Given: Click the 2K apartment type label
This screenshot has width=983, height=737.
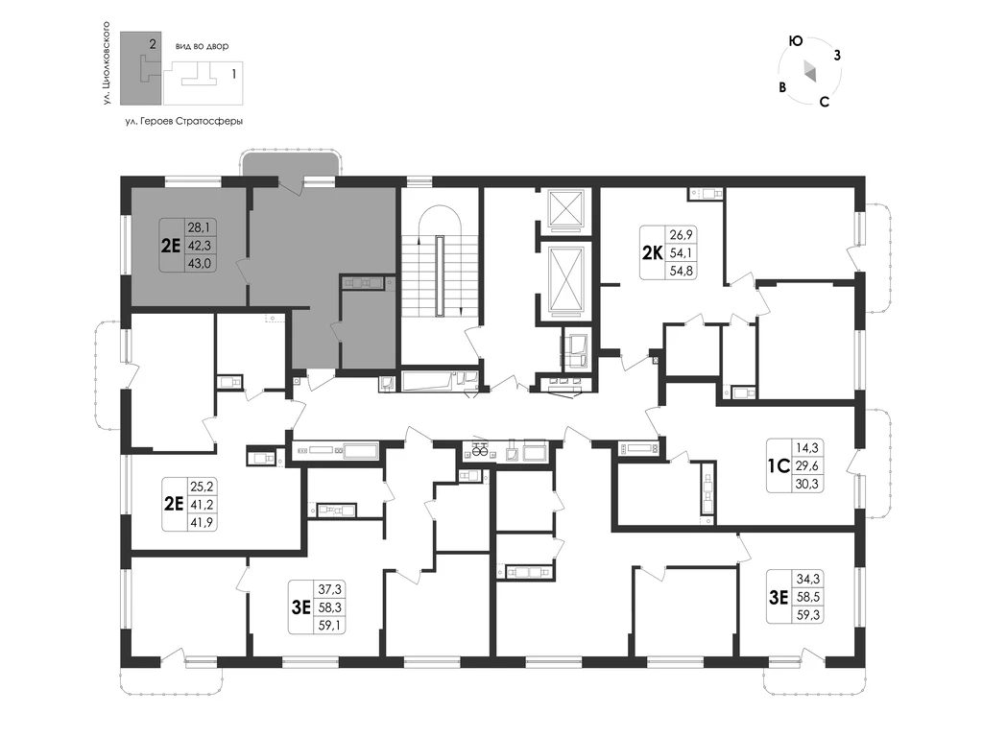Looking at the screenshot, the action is [x=652, y=252].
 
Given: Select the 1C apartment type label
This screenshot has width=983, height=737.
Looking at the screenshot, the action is [x=779, y=466].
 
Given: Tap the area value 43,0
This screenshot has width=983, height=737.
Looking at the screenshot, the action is [x=200, y=263].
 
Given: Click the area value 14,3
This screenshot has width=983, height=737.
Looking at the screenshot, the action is [x=806, y=448].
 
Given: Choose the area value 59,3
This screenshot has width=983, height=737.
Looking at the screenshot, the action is [x=808, y=615].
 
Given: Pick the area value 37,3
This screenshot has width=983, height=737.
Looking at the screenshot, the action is [x=330, y=589].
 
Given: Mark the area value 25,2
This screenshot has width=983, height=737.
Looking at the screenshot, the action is [x=202, y=486].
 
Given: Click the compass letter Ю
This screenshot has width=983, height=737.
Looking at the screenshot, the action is [x=796, y=41].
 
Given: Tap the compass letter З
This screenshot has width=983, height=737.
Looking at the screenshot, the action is [x=837, y=55].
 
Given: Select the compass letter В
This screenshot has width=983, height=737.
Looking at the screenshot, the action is [x=782, y=87].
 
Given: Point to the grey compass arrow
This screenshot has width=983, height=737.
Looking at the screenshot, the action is [x=809, y=71].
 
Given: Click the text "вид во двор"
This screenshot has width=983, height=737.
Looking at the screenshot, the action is [x=202, y=46].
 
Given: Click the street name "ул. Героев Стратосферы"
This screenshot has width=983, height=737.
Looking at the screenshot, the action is [x=183, y=121].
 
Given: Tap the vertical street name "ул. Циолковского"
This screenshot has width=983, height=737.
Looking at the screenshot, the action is [x=107, y=62].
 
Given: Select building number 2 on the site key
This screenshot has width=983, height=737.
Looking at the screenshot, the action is [x=153, y=44].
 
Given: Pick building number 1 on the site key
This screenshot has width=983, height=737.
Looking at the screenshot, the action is [x=234, y=74].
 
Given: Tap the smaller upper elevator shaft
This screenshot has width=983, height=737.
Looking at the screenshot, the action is [x=566, y=208].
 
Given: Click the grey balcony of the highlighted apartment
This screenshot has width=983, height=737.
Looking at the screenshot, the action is [x=291, y=166].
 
